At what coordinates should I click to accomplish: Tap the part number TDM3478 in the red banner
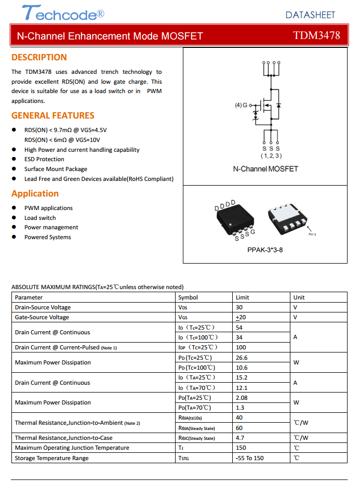coord(316,36)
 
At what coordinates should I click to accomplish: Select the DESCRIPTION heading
coord(39,57)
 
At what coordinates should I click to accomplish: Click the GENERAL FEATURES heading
coord(53,115)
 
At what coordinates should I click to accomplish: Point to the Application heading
coord(35,193)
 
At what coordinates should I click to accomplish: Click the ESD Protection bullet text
coord(44,159)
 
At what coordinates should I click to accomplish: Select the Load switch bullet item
coord(40,218)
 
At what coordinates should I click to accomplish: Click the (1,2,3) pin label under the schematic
coord(271,155)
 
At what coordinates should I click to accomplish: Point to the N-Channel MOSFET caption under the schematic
coord(265,169)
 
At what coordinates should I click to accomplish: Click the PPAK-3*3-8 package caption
coord(265,250)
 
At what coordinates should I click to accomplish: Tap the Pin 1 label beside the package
coord(312,234)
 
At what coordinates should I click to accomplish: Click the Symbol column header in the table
coord(188,297)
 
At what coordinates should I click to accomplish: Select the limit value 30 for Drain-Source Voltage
coord(239,307)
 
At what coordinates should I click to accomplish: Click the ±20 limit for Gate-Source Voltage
coord(241,317)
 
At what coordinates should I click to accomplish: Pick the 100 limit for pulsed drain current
coord(241,347)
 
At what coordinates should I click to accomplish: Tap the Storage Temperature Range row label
coord(51,458)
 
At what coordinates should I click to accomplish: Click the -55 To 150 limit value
coord(249,458)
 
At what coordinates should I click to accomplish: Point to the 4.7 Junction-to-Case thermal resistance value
coord(240,438)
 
